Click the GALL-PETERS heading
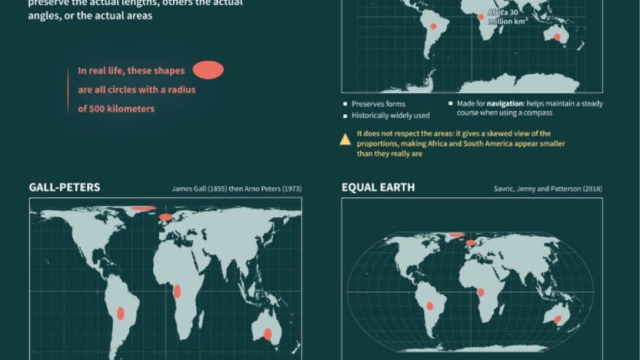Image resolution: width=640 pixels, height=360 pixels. coord(65,187)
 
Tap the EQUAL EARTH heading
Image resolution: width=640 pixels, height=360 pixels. coord(378,187)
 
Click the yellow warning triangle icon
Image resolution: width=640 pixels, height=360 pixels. coord(345,140)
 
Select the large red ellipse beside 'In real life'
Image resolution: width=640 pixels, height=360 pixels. coord(208,69)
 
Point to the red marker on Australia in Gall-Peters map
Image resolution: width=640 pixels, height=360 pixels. coord(268,333)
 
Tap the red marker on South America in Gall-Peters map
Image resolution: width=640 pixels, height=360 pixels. coord(121,313)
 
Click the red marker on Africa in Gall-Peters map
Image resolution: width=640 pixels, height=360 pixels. coord(177,291)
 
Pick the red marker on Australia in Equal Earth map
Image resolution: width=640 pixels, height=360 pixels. coord(557,319)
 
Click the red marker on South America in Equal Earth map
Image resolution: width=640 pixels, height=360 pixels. coord(430,306)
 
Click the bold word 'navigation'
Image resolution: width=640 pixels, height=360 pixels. coord(505,104)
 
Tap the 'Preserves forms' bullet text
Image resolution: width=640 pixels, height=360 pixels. coord(379,104)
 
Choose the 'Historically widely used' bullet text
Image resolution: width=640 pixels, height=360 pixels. coord(390,116)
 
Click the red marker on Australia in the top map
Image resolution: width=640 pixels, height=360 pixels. coord(557,37)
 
